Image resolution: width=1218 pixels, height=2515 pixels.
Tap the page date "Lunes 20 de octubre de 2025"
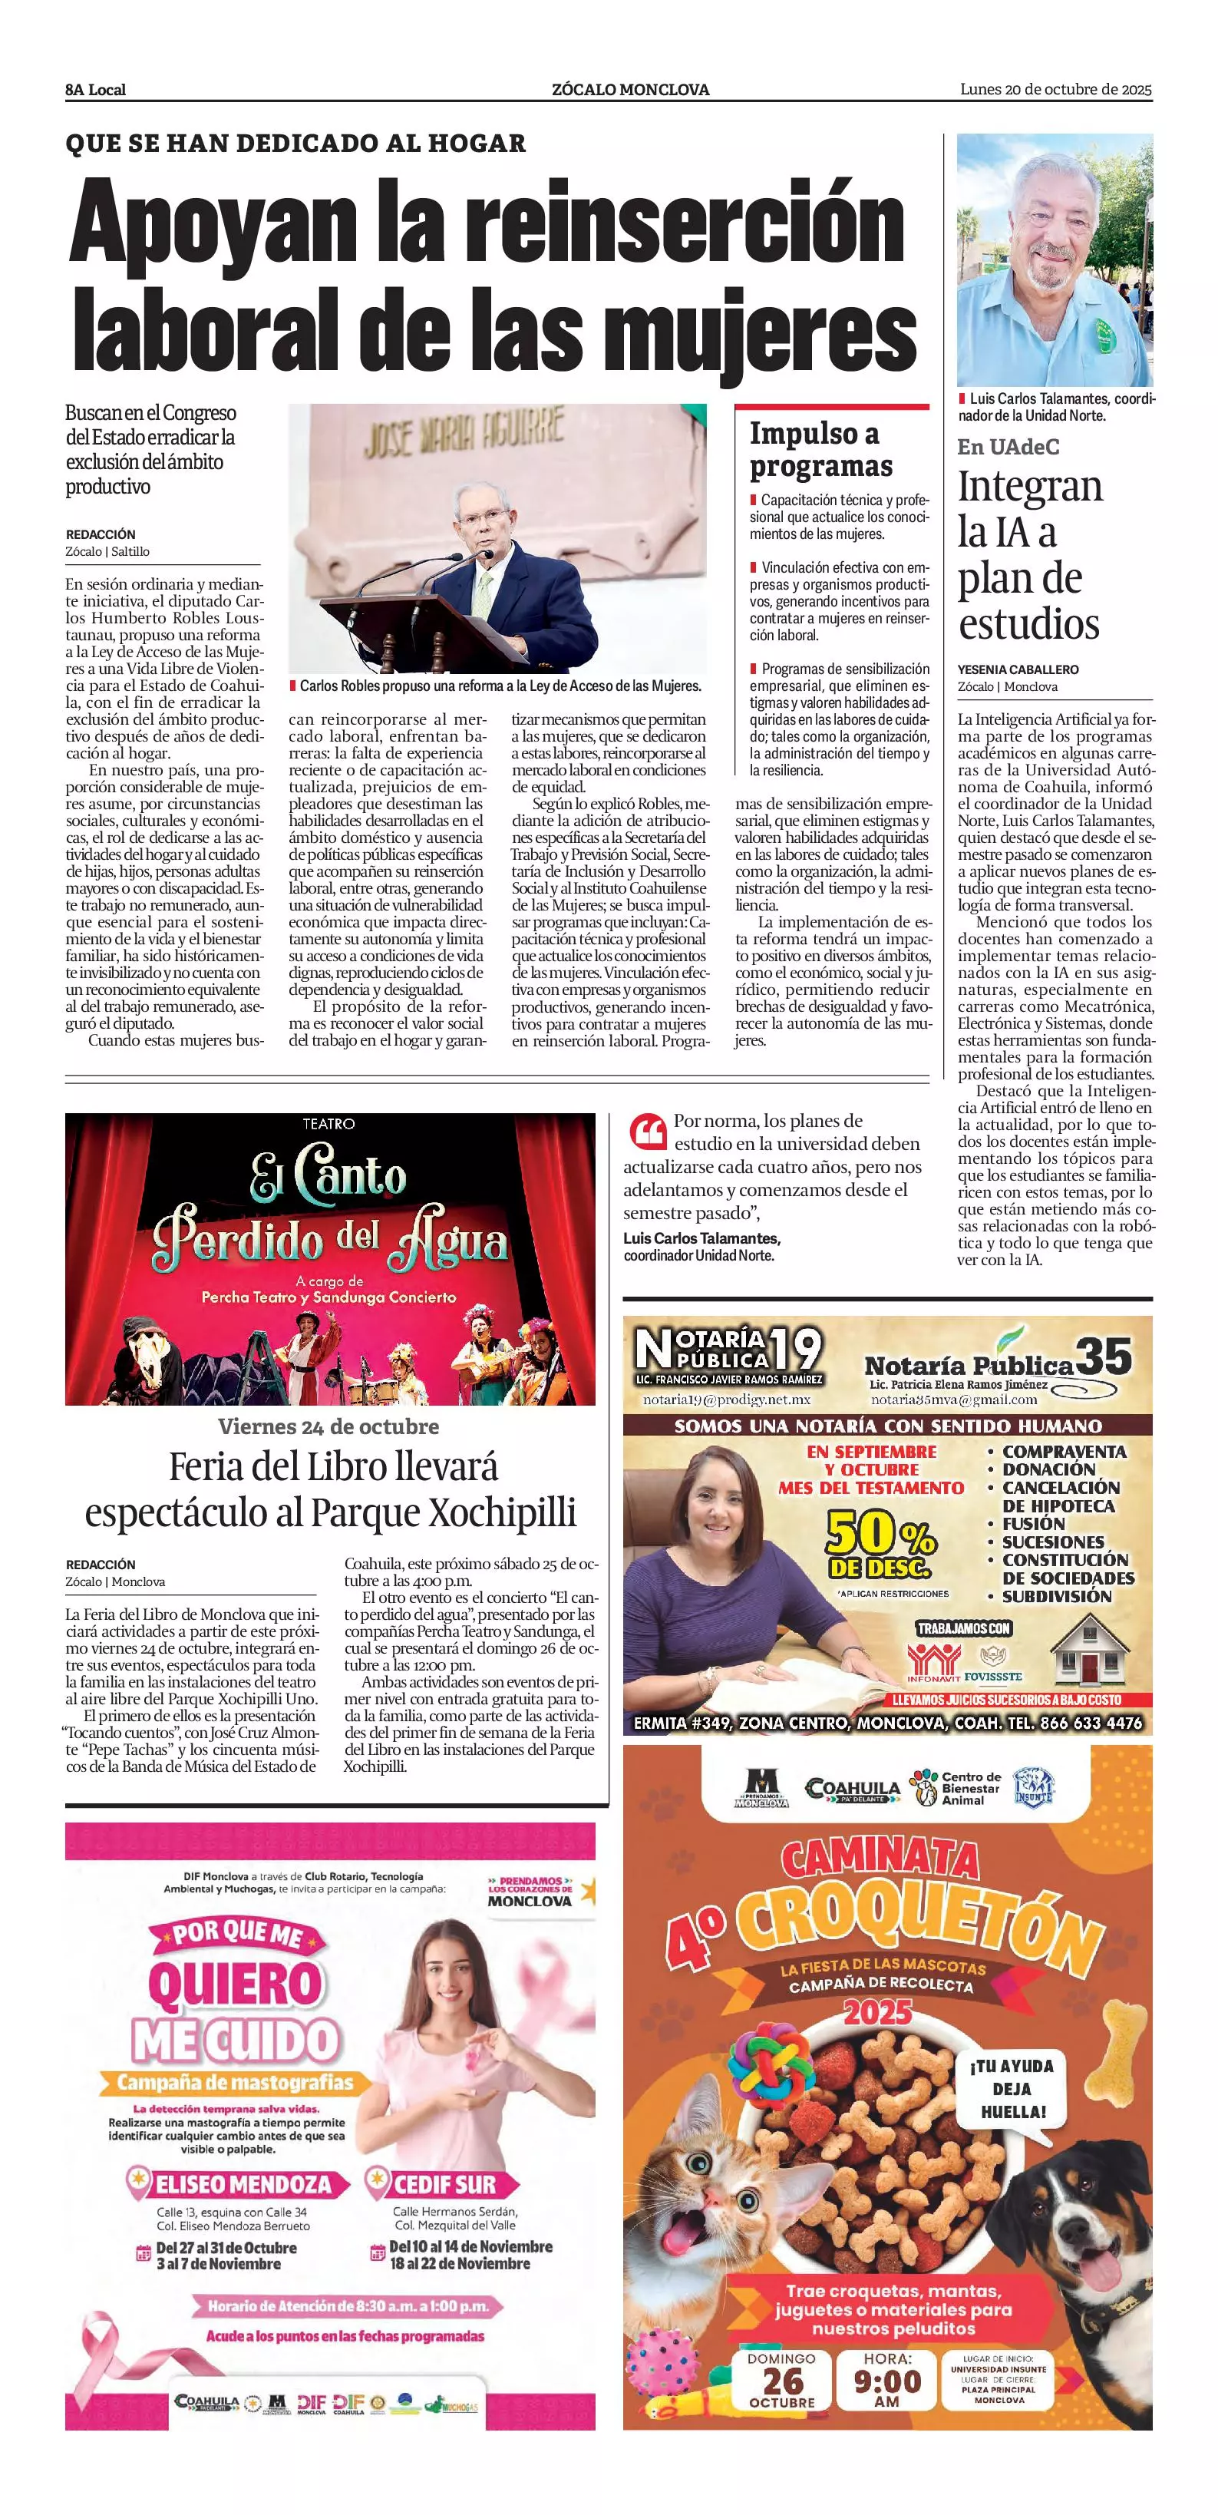coord(1055,90)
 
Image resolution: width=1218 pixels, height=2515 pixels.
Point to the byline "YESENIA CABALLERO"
coord(1018,669)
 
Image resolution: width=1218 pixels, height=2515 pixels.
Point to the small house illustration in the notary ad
coord(1088,1649)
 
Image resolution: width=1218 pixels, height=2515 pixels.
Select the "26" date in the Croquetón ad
coord(783,2381)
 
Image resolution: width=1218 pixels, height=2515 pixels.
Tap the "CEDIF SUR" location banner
coord(445,2184)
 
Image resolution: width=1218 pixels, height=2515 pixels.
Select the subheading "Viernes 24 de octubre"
coord(329,1426)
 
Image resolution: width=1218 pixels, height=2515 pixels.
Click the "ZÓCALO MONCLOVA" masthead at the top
coord(630,90)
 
